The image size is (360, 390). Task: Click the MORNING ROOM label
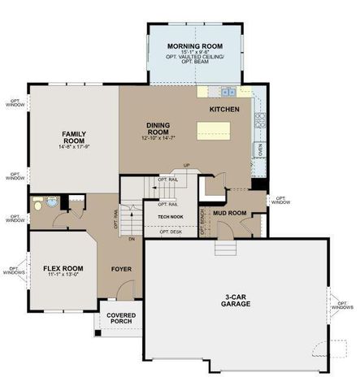(x=194, y=46)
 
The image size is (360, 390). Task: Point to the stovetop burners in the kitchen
(x=260, y=122)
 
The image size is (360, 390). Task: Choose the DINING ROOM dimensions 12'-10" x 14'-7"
(x=158, y=139)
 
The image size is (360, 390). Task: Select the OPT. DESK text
(x=170, y=232)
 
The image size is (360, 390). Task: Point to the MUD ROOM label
(x=230, y=214)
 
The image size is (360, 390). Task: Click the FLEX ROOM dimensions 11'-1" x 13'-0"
(x=63, y=274)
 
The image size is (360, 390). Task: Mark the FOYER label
(x=121, y=268)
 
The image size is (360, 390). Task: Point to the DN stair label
(x=132, y=240)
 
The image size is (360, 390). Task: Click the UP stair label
(x=186, y=166)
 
